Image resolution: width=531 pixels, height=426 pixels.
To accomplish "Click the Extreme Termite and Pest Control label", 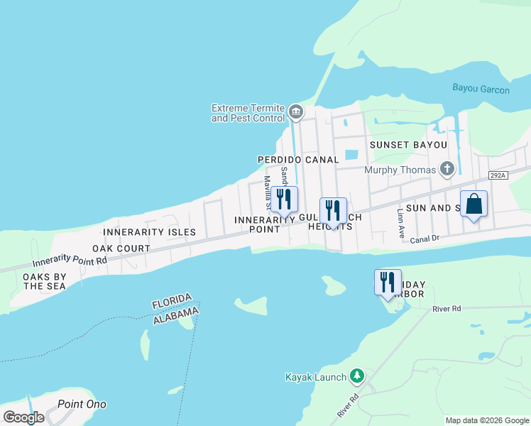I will pyautogui.click(x=248, y=113).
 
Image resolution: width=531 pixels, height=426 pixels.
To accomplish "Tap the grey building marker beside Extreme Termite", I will pyautogui.click(x=296, y=112).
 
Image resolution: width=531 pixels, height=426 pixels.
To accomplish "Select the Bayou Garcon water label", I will pyautogui.click(x=481, y=89).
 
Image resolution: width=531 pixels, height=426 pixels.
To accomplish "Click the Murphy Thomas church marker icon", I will pyautogui.click(x=447, y=169).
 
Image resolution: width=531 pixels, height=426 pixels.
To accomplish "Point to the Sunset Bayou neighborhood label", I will pyautogui.click(x=408, y=145).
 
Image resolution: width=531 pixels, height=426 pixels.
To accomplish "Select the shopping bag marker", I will pyautogui.click(x=474, y=204).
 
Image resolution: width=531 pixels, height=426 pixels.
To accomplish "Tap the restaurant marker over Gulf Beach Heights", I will pyautogui.click(x=333, y=211).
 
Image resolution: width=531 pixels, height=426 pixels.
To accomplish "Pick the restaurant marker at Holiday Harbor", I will pyautogui.click(x=388, y=283).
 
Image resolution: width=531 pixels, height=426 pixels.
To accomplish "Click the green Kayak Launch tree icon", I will pyautogui.click(x=357, y=377).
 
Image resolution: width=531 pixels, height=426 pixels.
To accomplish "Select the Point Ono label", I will pyautogui.click(x=82, y=405).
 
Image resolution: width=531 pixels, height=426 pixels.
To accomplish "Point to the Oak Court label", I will pyautogui.click(x=121, y=248).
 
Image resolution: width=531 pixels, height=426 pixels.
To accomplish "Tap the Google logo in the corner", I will pyautogui.click(x=23, y=417).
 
